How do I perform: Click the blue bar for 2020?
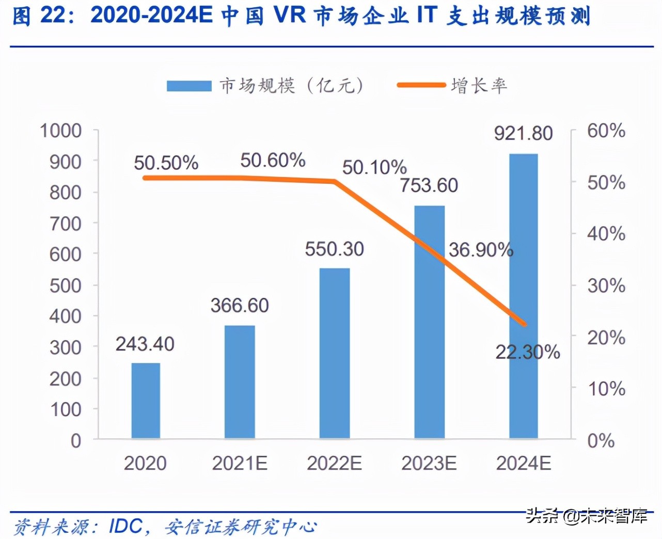click(x=146, y=401)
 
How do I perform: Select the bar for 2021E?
click(x=240, y=382)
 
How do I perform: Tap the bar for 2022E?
click(x=335, y=353)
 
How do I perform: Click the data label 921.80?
click(x=523, y=133)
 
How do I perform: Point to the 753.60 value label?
click(x=429, y=185)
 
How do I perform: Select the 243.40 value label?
click(x=145, y=344)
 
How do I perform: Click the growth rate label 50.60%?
click(x=273, y=161)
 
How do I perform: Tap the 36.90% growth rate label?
click(x=481, y=250)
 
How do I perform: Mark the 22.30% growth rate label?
click(x=528, y=352)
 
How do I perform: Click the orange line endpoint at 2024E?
click(x=525, y=325)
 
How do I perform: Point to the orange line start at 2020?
click(x=145, y=178)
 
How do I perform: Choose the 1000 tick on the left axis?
click(x=61, y=131)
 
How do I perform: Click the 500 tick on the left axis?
click(x=66, y=286)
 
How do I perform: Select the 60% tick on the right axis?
click(x=606, y=131)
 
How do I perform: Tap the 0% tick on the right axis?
click(x=601, y=440)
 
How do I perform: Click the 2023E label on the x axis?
click(x=429, y=464)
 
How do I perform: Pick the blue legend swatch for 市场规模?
click(x=189, y=86)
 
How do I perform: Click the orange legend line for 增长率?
click(x=421, y=85)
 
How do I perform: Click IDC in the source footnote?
click(x=126, y=526)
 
